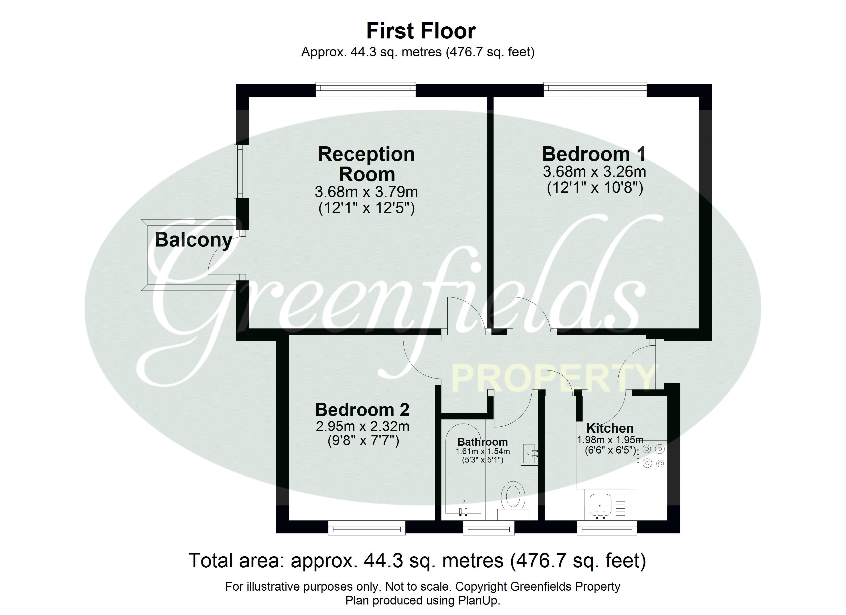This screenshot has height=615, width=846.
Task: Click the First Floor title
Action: point(421,31)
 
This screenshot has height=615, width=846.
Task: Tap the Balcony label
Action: point(193,240)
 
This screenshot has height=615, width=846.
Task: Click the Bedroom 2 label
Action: point(362,410)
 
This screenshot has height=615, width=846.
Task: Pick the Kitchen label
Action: point(610,428)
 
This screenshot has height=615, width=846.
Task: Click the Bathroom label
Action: point(482,442)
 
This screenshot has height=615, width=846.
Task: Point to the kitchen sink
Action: point(600,506)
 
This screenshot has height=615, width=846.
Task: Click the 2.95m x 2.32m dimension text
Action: point(362,426)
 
